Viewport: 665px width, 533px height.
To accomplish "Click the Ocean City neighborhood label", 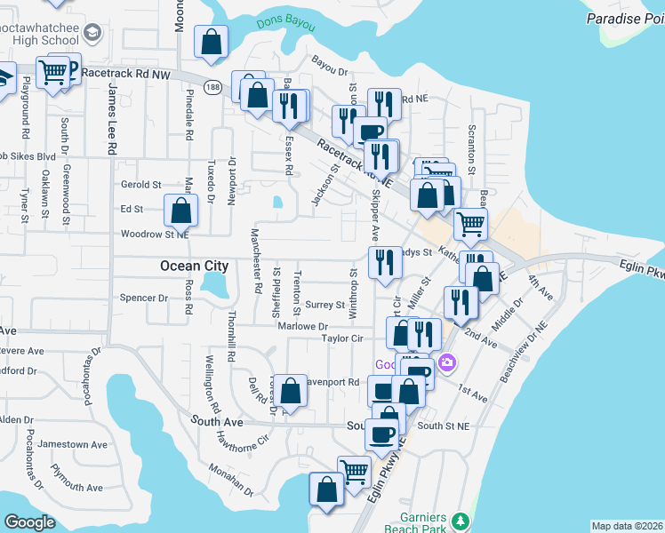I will click(x=194, y=266).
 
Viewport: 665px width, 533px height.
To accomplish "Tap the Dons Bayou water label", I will click(x=285, y=23).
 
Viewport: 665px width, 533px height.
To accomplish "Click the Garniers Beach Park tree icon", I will click(x=460, y=521).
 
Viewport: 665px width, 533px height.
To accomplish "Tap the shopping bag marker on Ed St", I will click(x=181, y=211).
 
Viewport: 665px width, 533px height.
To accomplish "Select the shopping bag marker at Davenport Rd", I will click(x=290, y=390).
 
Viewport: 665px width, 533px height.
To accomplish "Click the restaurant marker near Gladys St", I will click(x=384, y=262).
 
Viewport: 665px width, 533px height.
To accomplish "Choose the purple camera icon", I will click(x=446, y=362).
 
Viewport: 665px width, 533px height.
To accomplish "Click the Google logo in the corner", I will click(x=30, y=522).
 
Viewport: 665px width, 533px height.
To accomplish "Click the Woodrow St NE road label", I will click(x=155, y=235).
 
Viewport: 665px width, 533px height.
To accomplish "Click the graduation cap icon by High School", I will click(x=91, y=34).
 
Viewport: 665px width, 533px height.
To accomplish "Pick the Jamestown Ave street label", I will click(x=77, y=444).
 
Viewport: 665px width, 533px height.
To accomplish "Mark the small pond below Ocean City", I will click(x=214, y=283).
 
